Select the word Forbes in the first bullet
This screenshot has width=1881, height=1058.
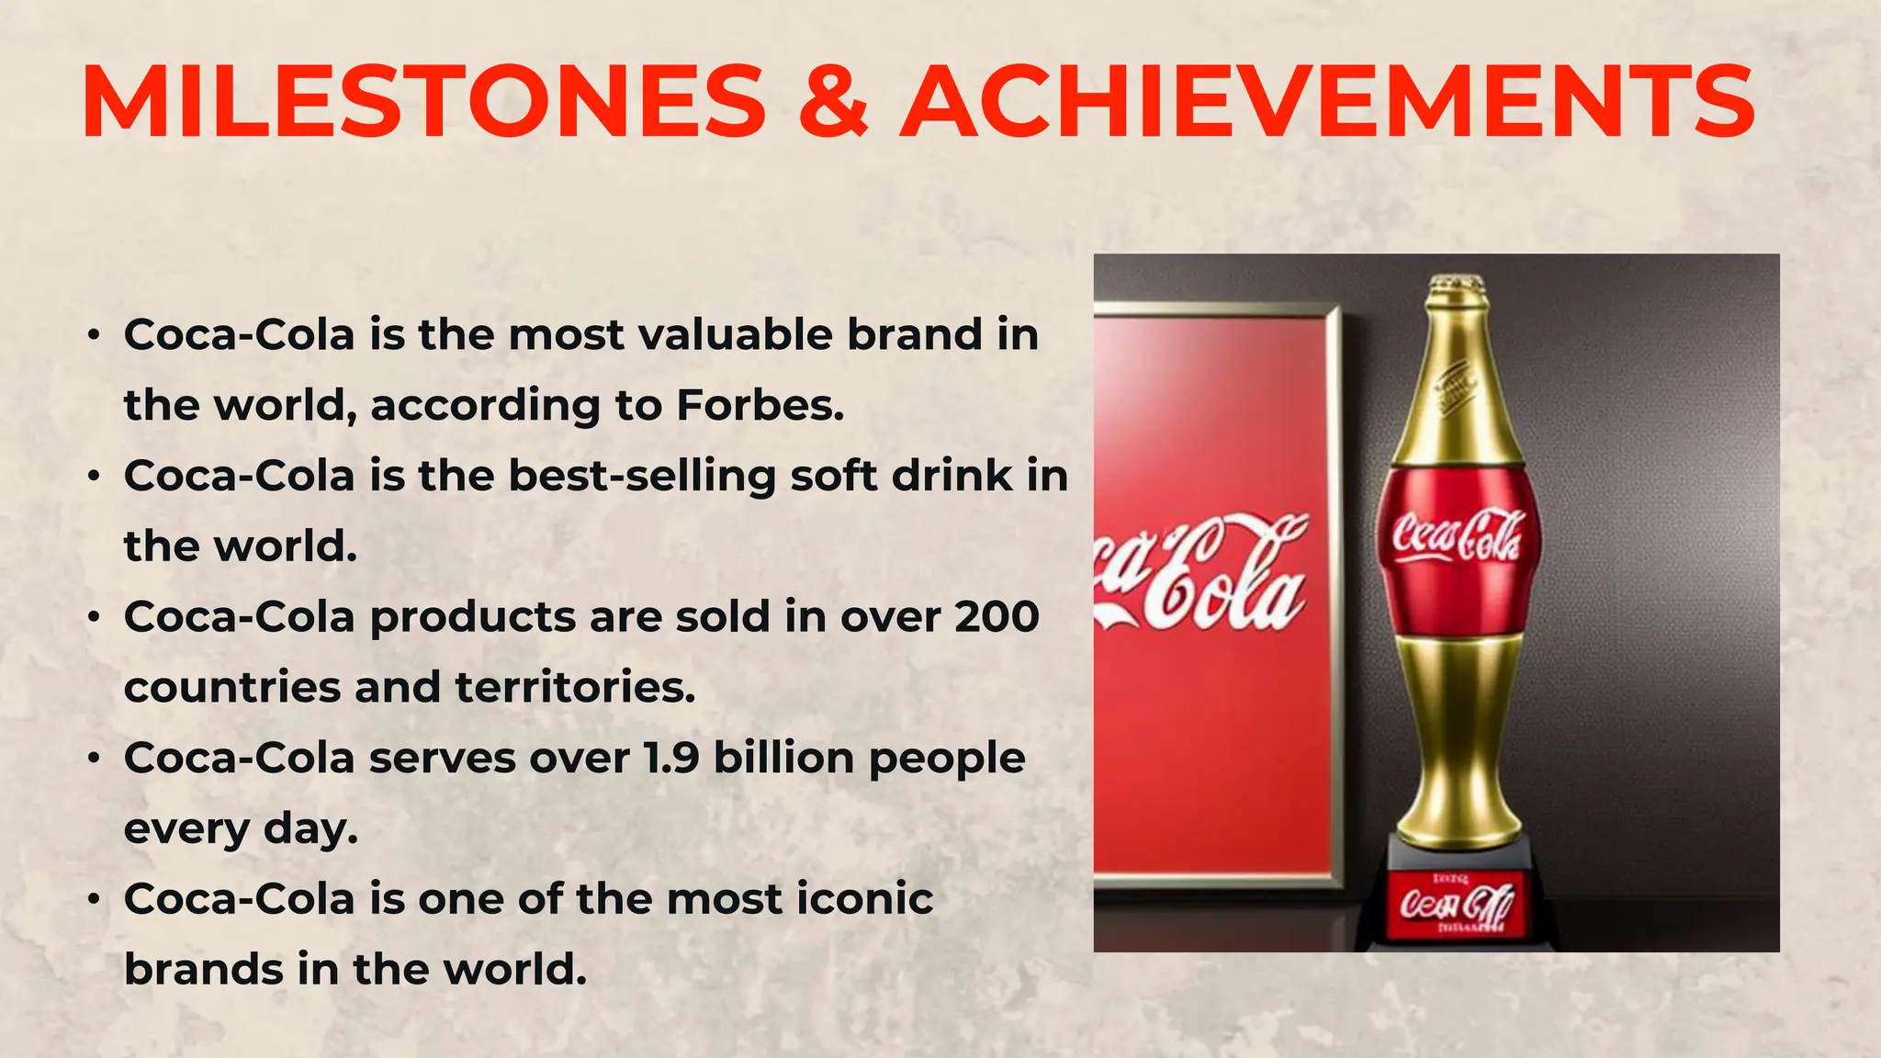click(760, 405)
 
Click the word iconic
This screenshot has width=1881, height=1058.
click(864, 898)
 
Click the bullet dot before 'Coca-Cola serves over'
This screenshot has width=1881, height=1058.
click(94, 760)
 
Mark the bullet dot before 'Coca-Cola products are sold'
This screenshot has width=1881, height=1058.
click(94, 618)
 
